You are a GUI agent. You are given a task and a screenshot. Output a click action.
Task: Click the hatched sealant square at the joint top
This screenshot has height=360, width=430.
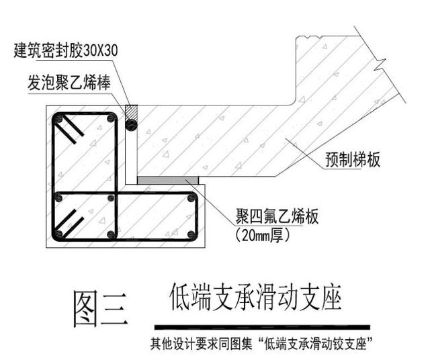(x=132, y=111)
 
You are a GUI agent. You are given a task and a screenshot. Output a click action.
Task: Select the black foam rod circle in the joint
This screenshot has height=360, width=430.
(x=132, y=124)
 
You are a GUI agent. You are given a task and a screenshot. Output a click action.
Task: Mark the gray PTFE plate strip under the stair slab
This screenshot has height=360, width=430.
(x=168, y=179)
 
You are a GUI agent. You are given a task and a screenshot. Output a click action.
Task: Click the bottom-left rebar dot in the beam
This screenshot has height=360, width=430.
(x=59, y=234)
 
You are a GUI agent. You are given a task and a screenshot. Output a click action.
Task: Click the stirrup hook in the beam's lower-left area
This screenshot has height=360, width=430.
(x=70, y=221)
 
